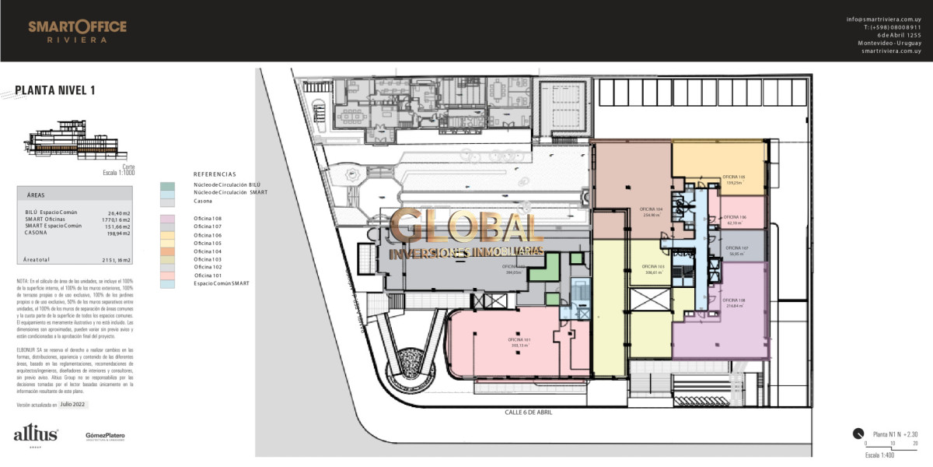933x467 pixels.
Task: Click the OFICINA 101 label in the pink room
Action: [x=519, y=342]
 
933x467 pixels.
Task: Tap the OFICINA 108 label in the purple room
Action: [x=733, y=303]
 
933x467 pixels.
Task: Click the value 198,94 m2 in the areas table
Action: [x=119, y=233]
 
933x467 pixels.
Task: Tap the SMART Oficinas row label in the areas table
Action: [x=48, y=219]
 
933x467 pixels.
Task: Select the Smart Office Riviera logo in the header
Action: [x=77, y=31]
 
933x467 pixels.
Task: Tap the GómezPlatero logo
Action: [x=105, y=436]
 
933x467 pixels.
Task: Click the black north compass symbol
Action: [x=858, y=434]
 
